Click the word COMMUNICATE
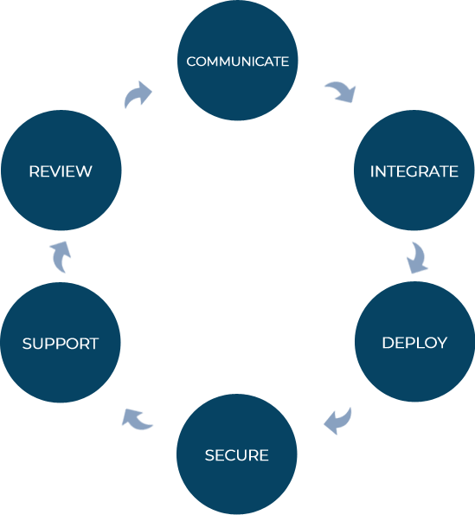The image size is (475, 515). (x=238, y=61)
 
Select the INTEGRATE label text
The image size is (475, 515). (x=414, y=171)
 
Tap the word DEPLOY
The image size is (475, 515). (x=414, y=343)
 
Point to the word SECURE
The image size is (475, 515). (x=237, y=455)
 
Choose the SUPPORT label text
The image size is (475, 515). (x=61, y=344)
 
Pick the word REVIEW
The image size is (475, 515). (x=61, y=171)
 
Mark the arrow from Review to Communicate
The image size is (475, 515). (x=137, y=93)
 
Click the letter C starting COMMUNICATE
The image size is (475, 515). (x=191, y=61)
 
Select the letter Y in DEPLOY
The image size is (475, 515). (x=441, y=343)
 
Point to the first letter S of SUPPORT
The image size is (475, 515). (x=27, y=344)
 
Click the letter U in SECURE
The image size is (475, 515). (x=241, y=455)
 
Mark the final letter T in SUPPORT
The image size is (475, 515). (x=94, y=344)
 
